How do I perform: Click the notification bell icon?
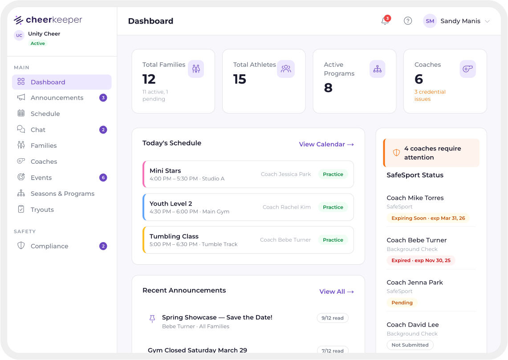pyautogui.click(x=385, y=21)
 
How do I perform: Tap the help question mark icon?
pyautogui.click(x=408, y=21)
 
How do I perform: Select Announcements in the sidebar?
pyautogui.click(x=57, y=98)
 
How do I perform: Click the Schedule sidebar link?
pyautogui.click(x=45, y=114)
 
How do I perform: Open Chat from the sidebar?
pyautogui.click(x=38, y=130)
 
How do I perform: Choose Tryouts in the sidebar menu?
pyautogui.click(x=42, y=210)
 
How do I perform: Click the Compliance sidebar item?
pyautogui.click(x=49, y=246)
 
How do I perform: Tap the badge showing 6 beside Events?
pyautogui.click(x=103, y=178)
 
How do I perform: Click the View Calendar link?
pyautogui.click(x=326, y=144)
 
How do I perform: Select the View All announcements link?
pyautogui.click(x=337, y=291)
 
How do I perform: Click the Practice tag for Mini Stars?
pyautogui.click(x=333, y=174)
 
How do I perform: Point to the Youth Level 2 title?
pyautogui.click(x=171, y=204)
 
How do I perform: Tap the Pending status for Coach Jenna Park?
pyautogui.click(x=402, y=303)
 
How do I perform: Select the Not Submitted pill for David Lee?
pyautogui.click(x=410, y=345)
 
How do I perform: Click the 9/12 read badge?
pyautogui.click(x=333, y=318)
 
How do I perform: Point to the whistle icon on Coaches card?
pyautogui.click(x=467, y=69)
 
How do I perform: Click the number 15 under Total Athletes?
pyautogui.click(x=240, y=79)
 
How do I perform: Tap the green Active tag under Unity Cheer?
pyautogui.click(x=38, y=44)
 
